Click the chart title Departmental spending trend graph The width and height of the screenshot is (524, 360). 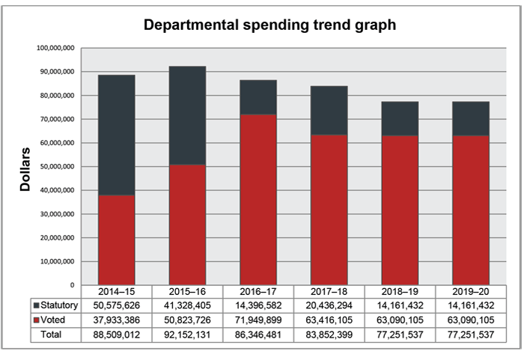pyautogui.click(x=269, y=25)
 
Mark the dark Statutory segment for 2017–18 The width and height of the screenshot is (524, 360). pyautogui.click(x=329, y=110)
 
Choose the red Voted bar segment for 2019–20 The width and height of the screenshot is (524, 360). pyautogui.click(x=471, y=210)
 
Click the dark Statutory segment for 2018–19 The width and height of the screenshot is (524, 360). pyautogui.click(x=400, y=118)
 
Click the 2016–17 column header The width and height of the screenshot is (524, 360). pyautogui.click(x=259, y=291)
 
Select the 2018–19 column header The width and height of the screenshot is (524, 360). pyautogui.click(x=400, y=291)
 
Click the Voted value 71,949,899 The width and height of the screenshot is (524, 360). pyautogui.click(x=259, y=320)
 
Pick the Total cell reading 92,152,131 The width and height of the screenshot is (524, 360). pyautogui.click(x=187, y=335)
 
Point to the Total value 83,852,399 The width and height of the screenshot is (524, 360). pyautogui.click(x=329, y=335)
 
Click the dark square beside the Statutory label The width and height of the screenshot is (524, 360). pyautogui.click(x=36, y=306)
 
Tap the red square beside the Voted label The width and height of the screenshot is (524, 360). pyautogui.click(x=36, y=320)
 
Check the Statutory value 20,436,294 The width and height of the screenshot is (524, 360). pyautogui.click(x=329, y=305)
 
